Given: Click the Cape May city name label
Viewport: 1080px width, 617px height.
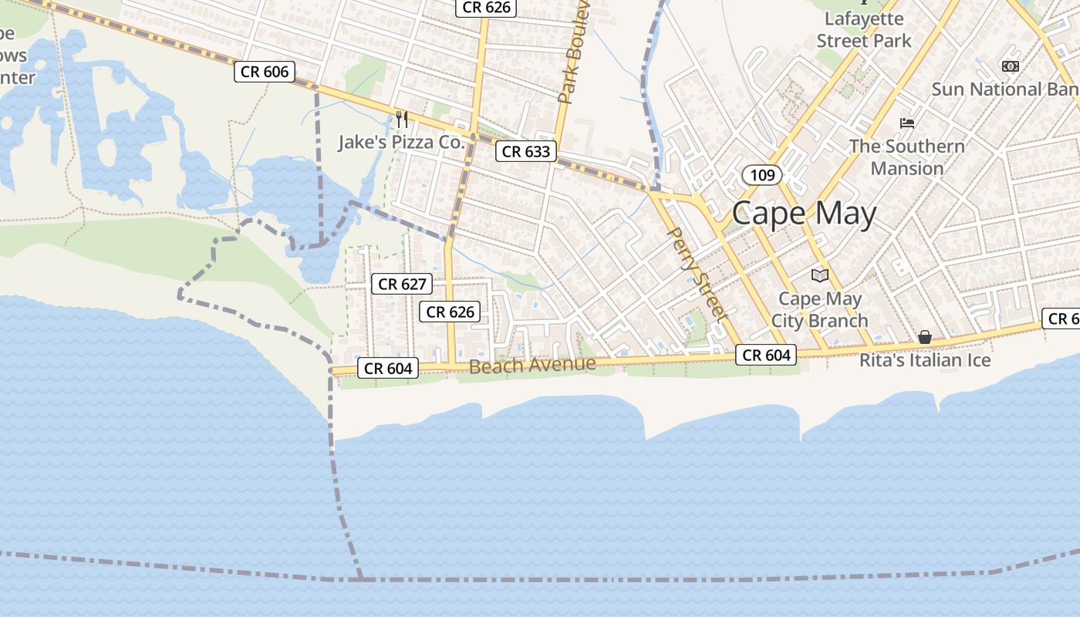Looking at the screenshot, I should [804, 213].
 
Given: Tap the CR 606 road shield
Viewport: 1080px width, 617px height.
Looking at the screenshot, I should [265, 72].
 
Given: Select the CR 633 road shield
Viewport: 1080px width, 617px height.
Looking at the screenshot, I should [526, 151].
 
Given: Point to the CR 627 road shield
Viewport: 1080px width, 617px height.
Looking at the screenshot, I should [403, 284].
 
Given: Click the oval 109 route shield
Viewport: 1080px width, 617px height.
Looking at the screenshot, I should [762, 175].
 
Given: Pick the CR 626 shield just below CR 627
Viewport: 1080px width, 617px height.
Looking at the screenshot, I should [451, 312].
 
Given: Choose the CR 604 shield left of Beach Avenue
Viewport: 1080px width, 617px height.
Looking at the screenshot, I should [389, 368].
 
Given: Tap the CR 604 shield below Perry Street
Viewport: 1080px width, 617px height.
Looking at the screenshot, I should [767, 355].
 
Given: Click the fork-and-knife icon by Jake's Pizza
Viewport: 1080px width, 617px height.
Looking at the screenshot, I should [401, 119].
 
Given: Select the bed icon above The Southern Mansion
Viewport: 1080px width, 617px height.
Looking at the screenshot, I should [907, 123].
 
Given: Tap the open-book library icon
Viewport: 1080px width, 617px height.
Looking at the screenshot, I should [819, 275].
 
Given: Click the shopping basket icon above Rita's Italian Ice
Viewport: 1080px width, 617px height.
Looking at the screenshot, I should [924, 337].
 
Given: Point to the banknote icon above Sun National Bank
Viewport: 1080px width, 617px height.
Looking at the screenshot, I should [1010, 66].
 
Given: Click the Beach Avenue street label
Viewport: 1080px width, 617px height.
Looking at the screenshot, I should [532, 364].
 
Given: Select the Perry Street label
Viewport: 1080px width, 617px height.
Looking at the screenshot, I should [697, 273].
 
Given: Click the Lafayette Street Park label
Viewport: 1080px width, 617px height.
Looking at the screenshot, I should [864, 29].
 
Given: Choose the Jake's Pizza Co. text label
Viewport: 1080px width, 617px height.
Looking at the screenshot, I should [401, 142].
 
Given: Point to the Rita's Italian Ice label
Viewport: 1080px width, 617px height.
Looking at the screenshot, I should [925, 360].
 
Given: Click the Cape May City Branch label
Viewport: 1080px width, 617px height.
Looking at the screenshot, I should [819, 309].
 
